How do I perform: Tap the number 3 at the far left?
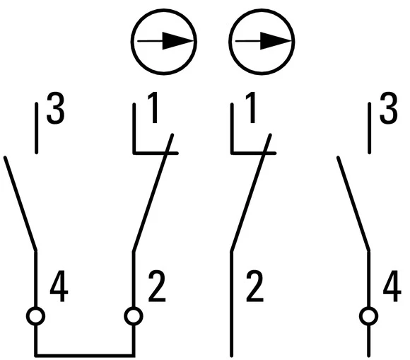coord(55,108)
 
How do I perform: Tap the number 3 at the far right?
coord(389,108)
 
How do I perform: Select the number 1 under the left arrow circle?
coord(153,108)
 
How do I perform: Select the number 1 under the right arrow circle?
coord(250,108)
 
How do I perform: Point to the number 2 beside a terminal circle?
coord(157,286)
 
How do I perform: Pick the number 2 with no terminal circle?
coord(254,286)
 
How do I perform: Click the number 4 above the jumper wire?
coord(59,286)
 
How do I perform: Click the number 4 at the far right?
coord(392,286)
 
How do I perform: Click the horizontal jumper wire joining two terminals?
coord(85,355)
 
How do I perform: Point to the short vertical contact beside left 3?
coord(36,128)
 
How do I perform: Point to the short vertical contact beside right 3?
coord(369,128)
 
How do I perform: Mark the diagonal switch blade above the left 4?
coord(20,204)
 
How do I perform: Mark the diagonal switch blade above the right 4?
coord(353,204)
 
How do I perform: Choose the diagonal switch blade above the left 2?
coord(153,193)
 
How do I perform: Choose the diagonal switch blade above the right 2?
coord(251,193)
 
